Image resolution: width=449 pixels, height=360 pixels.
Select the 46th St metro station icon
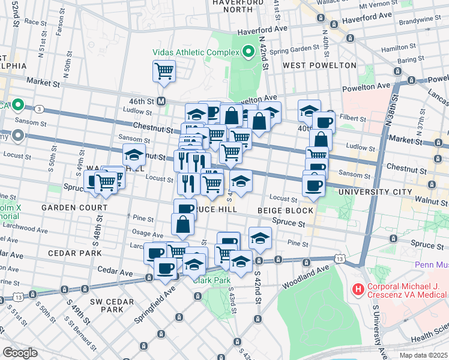coord(161,101)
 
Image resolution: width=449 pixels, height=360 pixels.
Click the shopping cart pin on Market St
coord(164,71)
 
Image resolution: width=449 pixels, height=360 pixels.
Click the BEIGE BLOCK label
coord(285,211)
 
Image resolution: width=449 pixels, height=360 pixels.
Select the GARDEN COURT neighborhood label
coord(67,208)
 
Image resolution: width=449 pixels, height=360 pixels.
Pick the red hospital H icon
coord(358,290)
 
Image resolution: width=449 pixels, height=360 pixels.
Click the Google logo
coord(20,352)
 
